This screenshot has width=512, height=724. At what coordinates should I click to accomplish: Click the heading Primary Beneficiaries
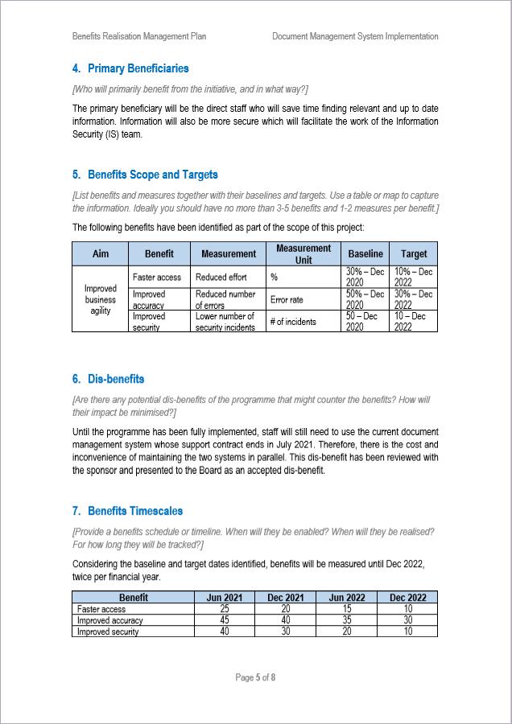tap(138, 69)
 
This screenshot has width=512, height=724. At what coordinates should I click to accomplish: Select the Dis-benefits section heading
tap(116, 379)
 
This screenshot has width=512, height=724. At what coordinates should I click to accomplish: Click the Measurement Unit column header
tap(303, 253)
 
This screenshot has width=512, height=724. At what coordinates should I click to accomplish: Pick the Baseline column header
tap(365, 253)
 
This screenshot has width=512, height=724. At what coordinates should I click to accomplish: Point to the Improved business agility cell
tap(101, 299)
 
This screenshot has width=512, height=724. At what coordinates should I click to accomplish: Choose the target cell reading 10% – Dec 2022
tap(414, 277)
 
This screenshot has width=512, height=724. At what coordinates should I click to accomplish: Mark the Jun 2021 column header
tap(225, 598)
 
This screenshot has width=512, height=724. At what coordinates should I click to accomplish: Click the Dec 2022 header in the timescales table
tap(408, 598)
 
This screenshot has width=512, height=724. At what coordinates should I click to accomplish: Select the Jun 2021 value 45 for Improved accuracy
tap(225, 620)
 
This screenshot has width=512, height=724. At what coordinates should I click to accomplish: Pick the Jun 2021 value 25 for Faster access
tap(225, 609)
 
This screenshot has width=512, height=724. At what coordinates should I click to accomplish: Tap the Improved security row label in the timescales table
tap(108, 631)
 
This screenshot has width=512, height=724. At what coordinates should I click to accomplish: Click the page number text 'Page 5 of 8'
tap(255, 677)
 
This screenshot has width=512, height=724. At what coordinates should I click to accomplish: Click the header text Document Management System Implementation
tap(355, 36)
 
